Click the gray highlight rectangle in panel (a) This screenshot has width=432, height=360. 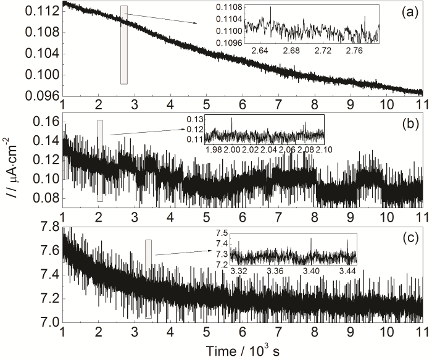click(x=124, y=44)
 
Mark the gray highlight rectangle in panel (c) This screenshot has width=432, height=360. click(x=148, y=278)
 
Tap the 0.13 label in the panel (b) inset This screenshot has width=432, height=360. click(x=196, y=119)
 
